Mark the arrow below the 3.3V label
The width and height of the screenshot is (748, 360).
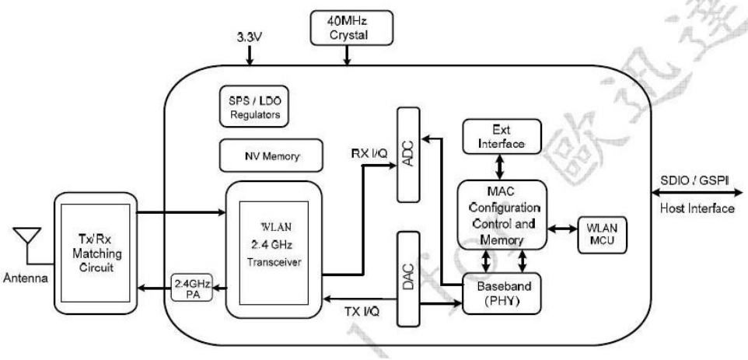[250, 56]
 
